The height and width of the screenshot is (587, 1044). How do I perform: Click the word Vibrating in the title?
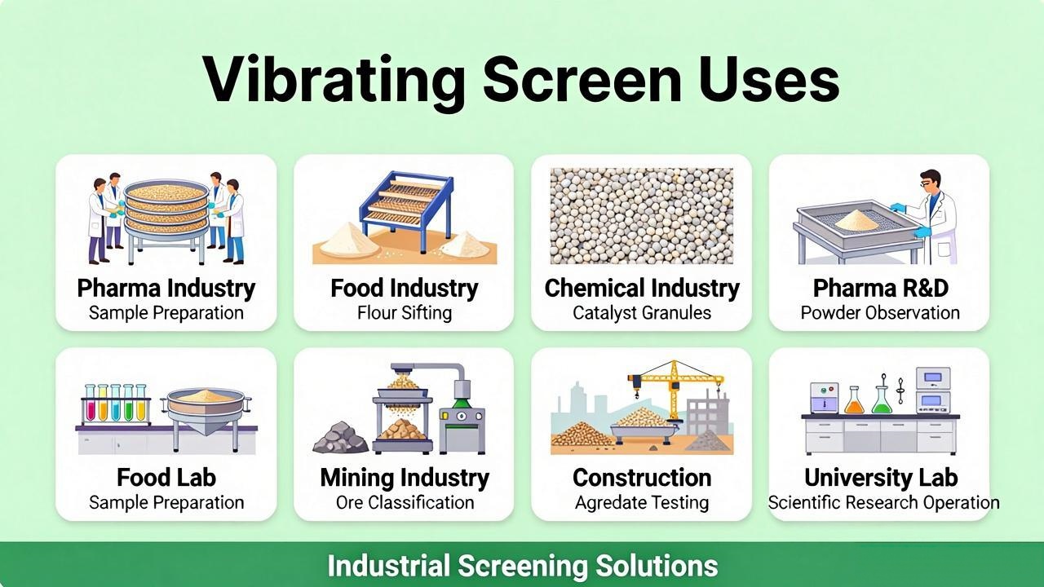334,81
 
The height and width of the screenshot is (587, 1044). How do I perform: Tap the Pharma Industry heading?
166,288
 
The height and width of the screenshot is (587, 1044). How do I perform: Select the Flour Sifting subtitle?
405,312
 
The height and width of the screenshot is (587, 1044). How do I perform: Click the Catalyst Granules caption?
642,312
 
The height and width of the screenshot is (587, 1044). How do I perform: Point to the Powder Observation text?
880,312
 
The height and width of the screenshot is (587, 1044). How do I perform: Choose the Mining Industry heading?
405,478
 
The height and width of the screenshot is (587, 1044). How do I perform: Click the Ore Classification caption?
405,502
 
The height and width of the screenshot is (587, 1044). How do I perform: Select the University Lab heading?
881,478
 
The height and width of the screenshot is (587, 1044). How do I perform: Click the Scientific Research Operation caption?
883,502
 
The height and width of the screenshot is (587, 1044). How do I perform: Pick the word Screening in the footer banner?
523,566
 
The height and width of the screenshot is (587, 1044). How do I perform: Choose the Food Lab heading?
166,478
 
